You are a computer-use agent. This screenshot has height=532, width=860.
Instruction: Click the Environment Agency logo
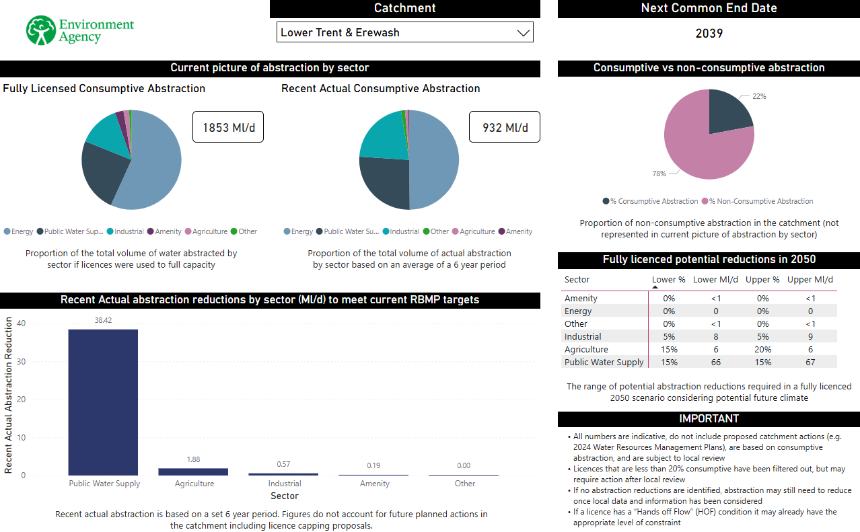coord(80,30)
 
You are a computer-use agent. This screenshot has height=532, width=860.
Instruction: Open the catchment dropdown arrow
coord(523,33)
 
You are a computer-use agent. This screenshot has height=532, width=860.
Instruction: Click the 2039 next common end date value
coord(709,33)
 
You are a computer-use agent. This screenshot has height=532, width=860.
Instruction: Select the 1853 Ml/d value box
coord(228,127)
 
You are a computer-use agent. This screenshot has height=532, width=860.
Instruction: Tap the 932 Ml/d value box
coord(505,127)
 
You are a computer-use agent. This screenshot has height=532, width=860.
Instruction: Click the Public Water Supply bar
coord(103,402)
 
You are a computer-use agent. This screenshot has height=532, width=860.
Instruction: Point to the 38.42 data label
coord(103,321)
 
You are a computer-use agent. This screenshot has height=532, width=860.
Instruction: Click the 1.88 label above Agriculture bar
coord(193,459)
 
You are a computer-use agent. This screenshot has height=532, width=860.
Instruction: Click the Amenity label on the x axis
coord(375,484)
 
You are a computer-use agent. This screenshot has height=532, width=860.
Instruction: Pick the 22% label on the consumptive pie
coord(759,96)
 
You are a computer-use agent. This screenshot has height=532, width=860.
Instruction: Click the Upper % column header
coord(762,280)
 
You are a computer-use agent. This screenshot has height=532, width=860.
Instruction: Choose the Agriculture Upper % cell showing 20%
coord(762,350)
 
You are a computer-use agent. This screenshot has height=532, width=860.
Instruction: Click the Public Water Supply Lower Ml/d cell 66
coord(715,363)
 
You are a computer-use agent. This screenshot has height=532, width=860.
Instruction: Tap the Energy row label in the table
coord(578,311)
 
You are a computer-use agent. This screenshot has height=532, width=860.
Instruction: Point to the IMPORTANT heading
coord(709,418)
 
